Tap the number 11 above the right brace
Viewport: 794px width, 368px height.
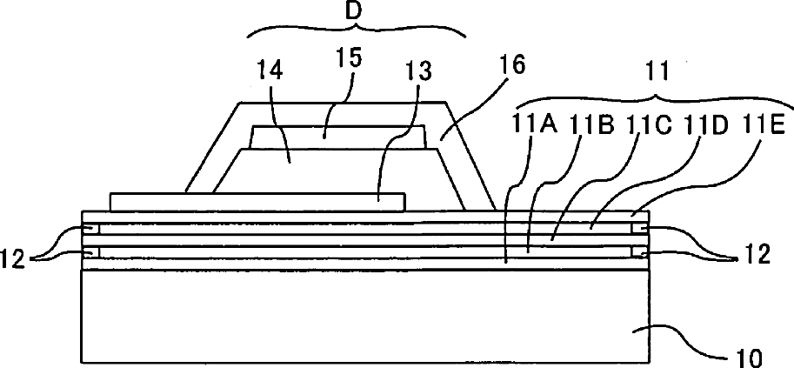pyautogui.click(x=657, y=73)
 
